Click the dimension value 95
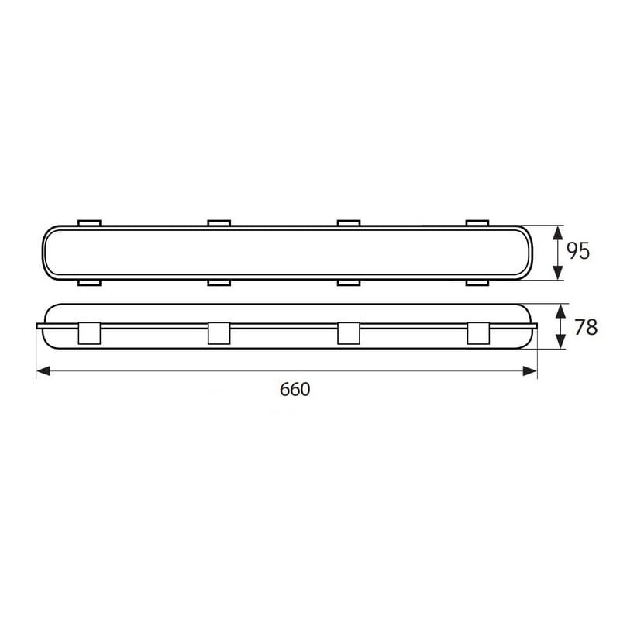tap(577, 251)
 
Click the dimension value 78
tap(586, 327)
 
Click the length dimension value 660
tap(295, 390)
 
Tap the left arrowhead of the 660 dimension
tap(43, 371)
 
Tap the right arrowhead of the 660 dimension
tap(530, 371)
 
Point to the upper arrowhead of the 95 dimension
tap(557, 233)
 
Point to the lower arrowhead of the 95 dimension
tap(557, 273)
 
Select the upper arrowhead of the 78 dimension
tap(560, 312)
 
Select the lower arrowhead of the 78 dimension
tap(560, 341)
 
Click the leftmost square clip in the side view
tap(89, 333)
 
